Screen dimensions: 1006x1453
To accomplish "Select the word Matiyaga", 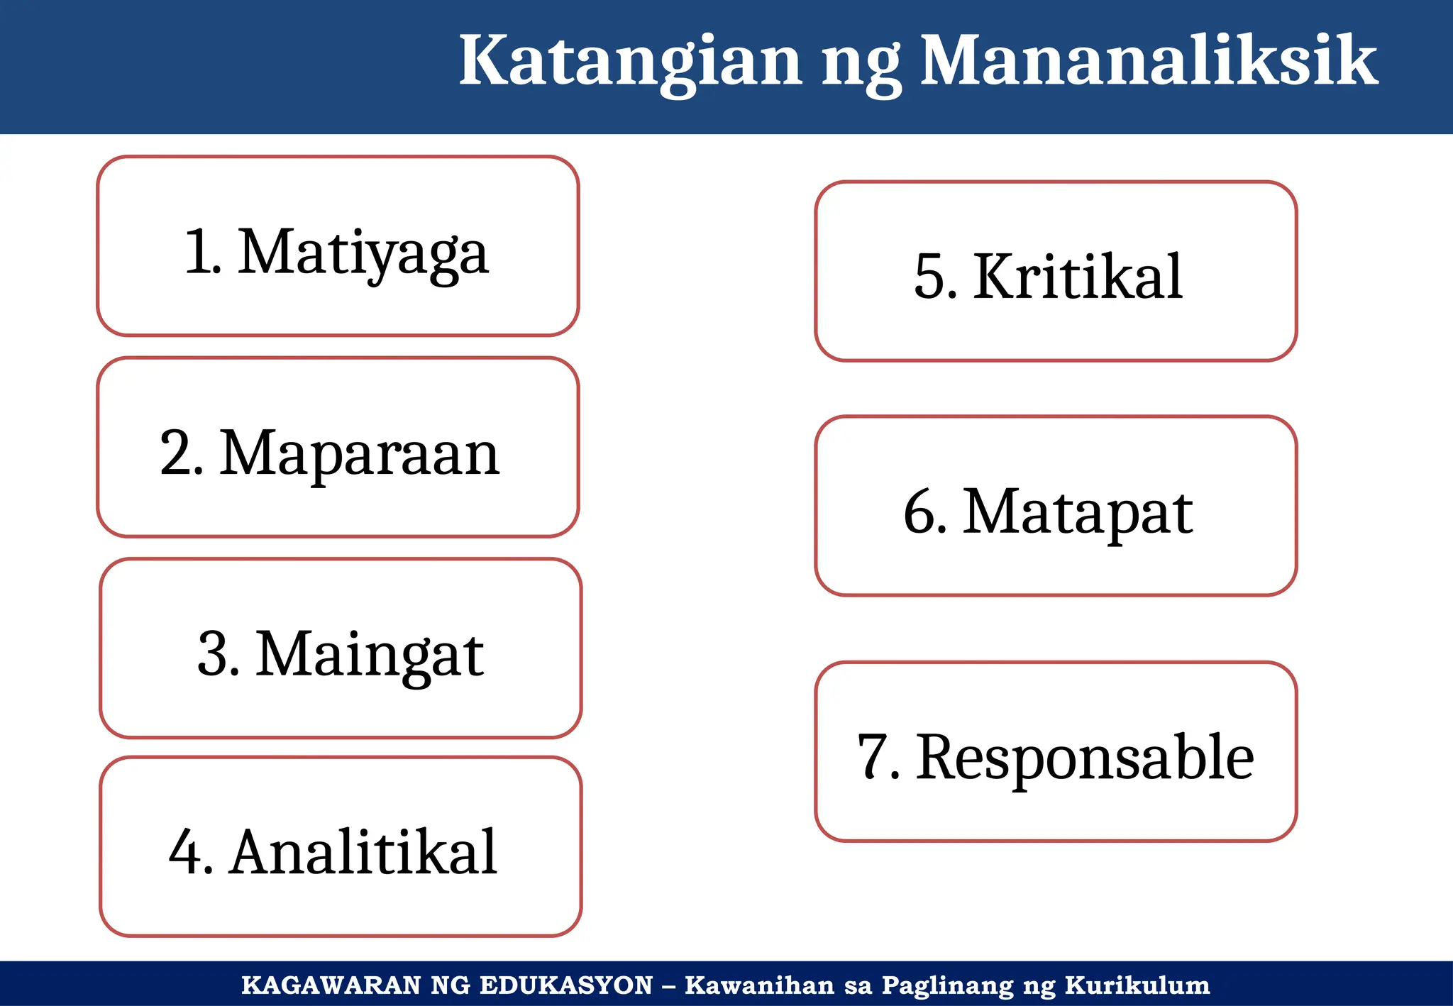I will click(x=363, y=253).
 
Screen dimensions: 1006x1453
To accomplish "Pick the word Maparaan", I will click(x=360, y=453).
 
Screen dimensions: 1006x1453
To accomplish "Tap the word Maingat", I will click(x=369, y=654).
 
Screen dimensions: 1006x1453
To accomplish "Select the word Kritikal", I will click(x=1077, y=277).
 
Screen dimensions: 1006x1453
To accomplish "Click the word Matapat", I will click(x=1077, y=512).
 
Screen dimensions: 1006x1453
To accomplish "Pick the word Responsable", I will click(x=1084, y=758).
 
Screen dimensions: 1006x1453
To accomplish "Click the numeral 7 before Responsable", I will click(x=875, y=758).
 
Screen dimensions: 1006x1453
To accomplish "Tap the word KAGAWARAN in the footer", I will click(x=331, y=985).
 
